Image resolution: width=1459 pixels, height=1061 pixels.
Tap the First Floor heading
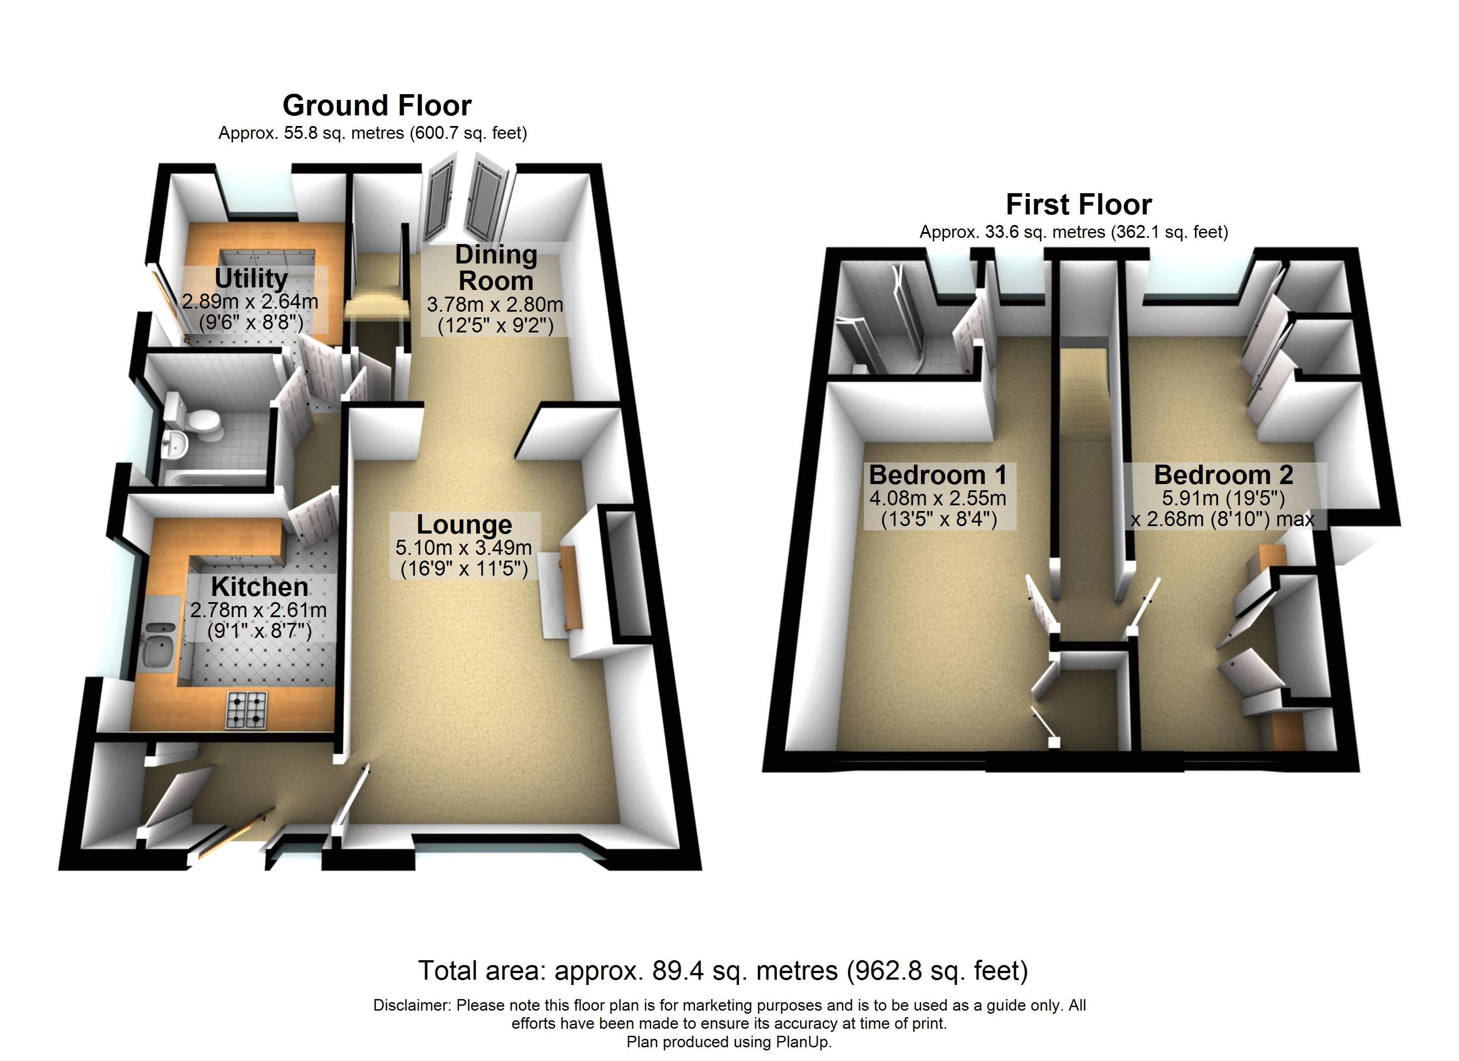pyautogui.click(x=1079, y=205)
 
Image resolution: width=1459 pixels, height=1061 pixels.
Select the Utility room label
pyautogui.click(x=251, y=279)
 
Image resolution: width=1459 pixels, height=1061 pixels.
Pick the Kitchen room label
pyautogui.click(x=259, y=587)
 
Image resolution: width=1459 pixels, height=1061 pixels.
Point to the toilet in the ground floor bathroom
pyautogui.click(x=194, y=421)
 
